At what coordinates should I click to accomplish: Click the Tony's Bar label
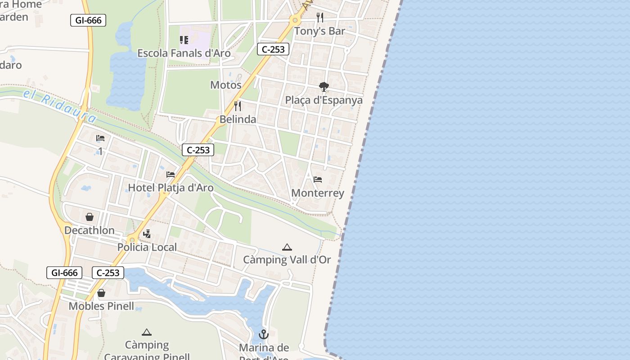click(319, 31)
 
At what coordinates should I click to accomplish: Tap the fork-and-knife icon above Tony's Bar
click(320, 18)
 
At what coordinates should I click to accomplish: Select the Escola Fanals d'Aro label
click(184, 53)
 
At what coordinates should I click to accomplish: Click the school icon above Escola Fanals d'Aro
click(184, 40)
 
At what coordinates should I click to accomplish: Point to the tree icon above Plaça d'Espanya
click(324, 86)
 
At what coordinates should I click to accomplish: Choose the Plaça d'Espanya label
click(324, 100)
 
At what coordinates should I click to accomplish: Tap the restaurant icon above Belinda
click(238, 106)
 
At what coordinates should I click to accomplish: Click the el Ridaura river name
click(60, 106)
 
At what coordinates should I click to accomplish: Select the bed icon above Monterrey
click(318, 180)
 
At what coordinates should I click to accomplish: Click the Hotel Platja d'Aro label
click(171, 188)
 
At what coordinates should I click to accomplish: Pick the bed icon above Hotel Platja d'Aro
click(171, 175)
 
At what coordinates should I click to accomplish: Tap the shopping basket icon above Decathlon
click(90, 217)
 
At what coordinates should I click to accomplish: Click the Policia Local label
click(147, 247)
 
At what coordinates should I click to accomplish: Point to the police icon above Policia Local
click(147, 234)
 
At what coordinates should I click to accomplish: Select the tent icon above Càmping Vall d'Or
click(287, 247)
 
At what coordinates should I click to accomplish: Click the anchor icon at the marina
click(264, 334)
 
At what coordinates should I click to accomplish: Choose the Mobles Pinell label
click(101, 306)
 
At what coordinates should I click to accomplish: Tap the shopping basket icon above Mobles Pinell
click(101, 293)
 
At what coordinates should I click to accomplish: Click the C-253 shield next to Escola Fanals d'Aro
click(273, 49)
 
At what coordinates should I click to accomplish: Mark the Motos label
click(226, 85)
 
